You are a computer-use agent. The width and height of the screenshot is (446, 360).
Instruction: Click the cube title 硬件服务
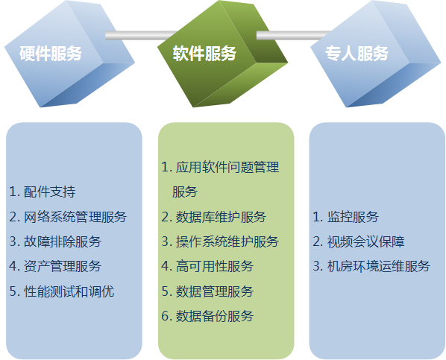pyautogui.click(x=51, y=53)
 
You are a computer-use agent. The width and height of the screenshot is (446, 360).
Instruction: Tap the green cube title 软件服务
pyautogui.click(x=204, y=53)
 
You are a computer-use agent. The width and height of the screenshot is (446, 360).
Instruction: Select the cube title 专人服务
pyautogui.click(x=357, y=53)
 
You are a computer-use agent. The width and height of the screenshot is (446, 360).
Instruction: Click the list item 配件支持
pyautogui.click(x=49, y=192)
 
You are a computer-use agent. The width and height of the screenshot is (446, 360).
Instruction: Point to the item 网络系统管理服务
pyautogui.click(x=75, y=217)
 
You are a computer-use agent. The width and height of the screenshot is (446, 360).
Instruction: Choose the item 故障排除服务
pyautogui.click(x=63, y=241)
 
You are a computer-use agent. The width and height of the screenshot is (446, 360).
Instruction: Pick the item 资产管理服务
pyautogui.click(x=63, y=266)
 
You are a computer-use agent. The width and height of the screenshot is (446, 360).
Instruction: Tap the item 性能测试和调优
pyautogui.click(x=69, y=291)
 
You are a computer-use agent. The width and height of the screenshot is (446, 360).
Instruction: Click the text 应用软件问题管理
pyautogui.click(x=227, y=167)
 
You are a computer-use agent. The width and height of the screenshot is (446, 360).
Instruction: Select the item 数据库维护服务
pyautogui.click(x=221, y=217)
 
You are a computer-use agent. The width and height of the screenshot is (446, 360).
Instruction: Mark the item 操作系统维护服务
pyautogui.click(x=227, y=241)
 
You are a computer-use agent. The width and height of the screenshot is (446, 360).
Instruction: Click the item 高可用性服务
pyautogui.click(x=215, y=266)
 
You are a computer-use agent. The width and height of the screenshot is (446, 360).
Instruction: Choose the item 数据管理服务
pyautogui.click(x=215, y=291)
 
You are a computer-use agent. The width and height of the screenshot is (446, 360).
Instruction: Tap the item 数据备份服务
pyautogui.click(x=215, y=316)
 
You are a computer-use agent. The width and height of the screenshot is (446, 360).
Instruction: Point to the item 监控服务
pyautogui.click(x=353, y=217)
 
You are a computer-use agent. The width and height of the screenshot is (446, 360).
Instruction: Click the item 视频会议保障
pyautogui.click(x=365, y=241)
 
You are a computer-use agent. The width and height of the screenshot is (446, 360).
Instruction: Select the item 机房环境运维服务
pyautogui.click(x=379, y=266)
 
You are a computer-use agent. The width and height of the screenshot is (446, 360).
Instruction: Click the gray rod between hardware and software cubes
pyautogui.click(x=142, y=35)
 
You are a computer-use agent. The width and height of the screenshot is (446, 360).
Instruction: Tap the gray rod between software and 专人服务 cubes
pyautogui.click(x=294, y=35)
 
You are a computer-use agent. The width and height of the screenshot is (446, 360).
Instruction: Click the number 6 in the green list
pyautogui.click(x=166, y=316)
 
